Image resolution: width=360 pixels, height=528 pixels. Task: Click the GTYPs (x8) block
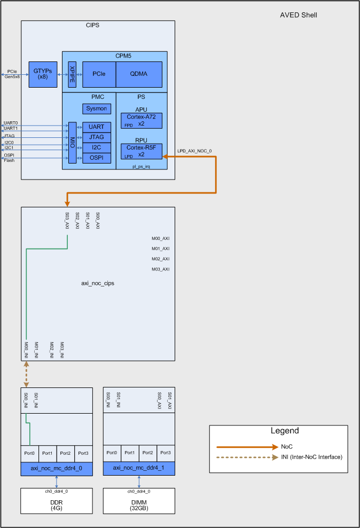click(x=43, y=74)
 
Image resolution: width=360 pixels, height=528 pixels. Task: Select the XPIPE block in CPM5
click(x=72, y=74)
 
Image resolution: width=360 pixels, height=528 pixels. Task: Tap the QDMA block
click(x=139, y=74)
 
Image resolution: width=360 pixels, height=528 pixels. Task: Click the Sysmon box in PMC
click(x=97, y=108)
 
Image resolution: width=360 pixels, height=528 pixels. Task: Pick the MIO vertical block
click(x=72, y=143)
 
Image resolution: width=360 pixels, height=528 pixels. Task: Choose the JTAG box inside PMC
click(x=97, y=137)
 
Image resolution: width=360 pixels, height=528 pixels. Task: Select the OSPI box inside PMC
click(x=97, y=158)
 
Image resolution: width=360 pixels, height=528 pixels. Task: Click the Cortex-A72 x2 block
click(x=141, y=120)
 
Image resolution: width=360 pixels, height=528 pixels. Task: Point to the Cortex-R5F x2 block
click(x=141, y=151)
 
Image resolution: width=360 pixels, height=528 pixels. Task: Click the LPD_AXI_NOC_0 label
click(x=195, y=151)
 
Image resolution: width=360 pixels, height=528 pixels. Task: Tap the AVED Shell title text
click(x=299, y=15)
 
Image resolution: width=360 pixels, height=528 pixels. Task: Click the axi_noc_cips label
click(x=98, y=283)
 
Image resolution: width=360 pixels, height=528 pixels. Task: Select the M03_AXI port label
click(x=160, y=269)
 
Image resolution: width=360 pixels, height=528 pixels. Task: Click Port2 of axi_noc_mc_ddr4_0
click(x=65, y=453)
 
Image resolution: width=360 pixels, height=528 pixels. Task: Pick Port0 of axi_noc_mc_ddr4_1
click(x=112, y=453)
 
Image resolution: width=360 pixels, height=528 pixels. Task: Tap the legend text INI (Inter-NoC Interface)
click(x=311, y=457)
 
